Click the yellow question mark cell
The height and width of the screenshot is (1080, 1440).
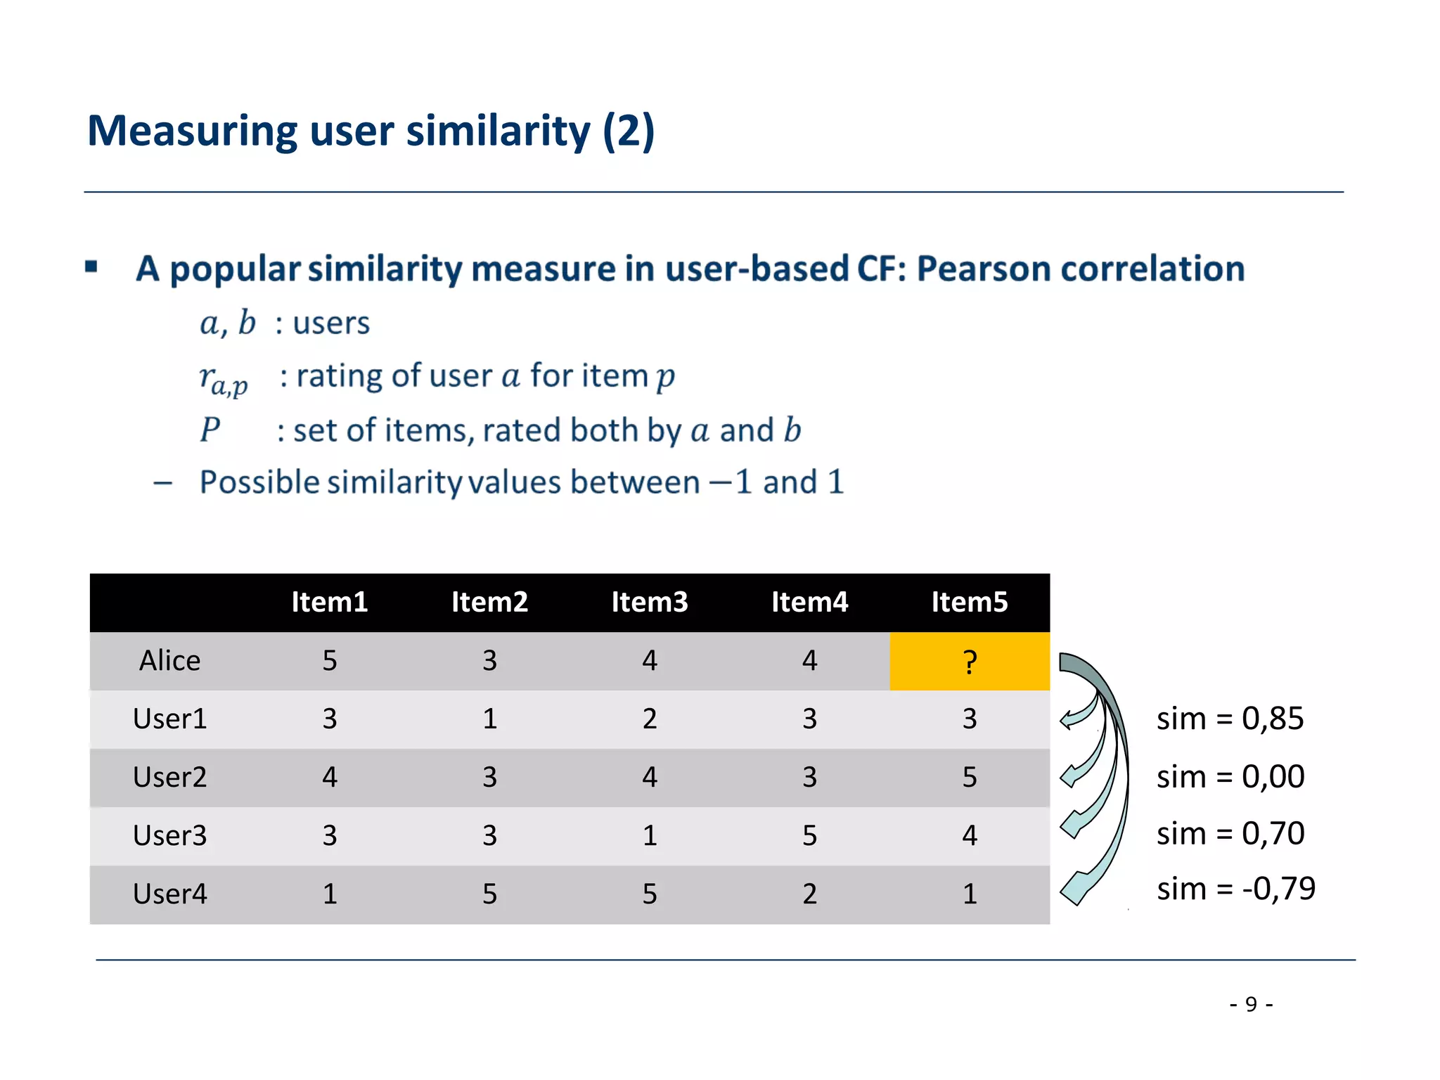[x=969, y=661]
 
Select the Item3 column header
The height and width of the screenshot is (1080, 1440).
[x=649, y=602]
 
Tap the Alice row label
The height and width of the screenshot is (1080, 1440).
[x=169, y=661]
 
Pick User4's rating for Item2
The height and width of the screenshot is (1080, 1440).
[x=489, y=894]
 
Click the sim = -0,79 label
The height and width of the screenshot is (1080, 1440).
[x=1235, y=889]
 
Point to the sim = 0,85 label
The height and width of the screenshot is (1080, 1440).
[x=1230, y=719]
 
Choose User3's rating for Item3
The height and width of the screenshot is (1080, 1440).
[x=649, y=835]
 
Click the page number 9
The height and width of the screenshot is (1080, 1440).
[x=1250, y=1004]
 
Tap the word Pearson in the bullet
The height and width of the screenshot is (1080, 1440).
[x=982, y=269]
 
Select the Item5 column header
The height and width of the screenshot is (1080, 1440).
[x=969, y=602]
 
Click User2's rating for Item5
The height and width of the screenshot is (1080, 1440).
[x=969, y=777]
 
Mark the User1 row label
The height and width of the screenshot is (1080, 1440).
[x=169, y=719]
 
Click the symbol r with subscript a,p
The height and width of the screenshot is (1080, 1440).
[x=223, y=380]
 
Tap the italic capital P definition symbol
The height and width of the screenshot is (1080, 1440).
[x=210, y=430]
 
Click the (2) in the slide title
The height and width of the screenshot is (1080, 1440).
[x=628, y=131]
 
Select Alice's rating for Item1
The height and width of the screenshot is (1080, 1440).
[x=329, y=661]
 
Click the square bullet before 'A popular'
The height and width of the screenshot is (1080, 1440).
[x=91, y=266]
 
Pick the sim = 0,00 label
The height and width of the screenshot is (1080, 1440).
[x=1230, y=777]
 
